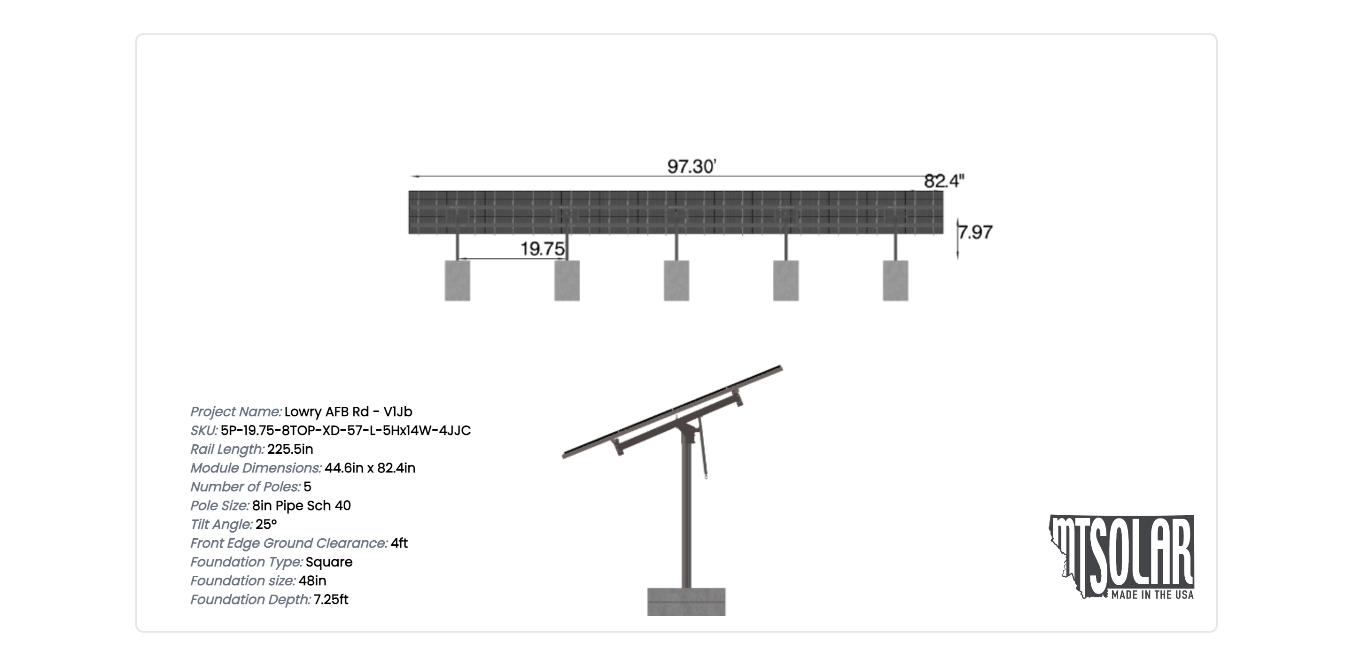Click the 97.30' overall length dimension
(x=692, y=166)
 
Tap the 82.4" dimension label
(x=944, y=181)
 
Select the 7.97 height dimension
(x=975, y=232)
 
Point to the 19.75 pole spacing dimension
(x=542, y=248)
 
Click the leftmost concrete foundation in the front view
(x=458, y=280)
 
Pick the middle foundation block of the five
(x=676, y=280)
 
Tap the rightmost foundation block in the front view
(x=895, y=280)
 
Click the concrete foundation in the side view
(x=686, y=601)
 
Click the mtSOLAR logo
(x=1122, y=557)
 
